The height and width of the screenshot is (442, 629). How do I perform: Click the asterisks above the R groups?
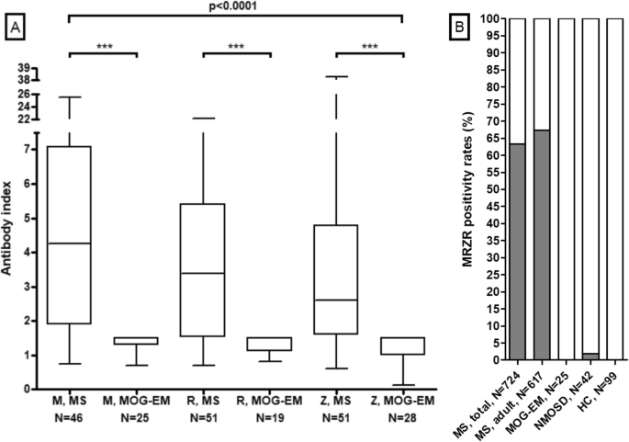(236, 46)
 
